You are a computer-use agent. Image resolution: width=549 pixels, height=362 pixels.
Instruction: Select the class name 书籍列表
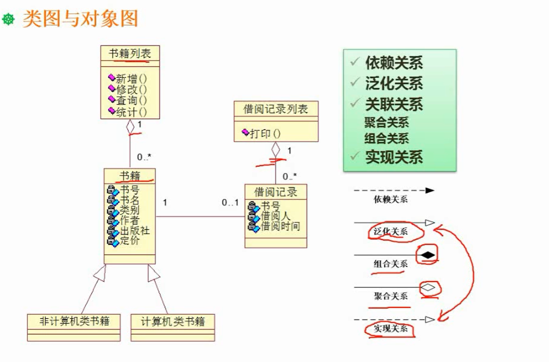(130, 53)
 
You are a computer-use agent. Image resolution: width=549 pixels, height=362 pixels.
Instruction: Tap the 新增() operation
(131, 79)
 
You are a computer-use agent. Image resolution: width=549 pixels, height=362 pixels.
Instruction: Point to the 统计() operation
(131, 112)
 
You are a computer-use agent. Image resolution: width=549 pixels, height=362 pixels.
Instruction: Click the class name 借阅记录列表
(275, 109)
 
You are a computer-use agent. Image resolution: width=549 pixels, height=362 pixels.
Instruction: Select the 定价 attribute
(129, 241)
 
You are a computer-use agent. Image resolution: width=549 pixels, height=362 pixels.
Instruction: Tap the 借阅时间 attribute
(280, 226)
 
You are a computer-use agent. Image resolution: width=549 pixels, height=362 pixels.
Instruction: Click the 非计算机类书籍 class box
(74, 321)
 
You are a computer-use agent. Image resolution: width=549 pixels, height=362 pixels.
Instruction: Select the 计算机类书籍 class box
(173, 321)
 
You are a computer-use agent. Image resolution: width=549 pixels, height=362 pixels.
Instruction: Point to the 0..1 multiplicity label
(230, 202)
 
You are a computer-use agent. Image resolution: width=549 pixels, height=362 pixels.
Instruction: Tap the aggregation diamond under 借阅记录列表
(275, 149)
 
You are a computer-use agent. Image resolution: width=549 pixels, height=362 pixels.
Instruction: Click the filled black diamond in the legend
(428, 255)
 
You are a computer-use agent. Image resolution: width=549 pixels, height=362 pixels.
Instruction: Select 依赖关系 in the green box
(394, 63)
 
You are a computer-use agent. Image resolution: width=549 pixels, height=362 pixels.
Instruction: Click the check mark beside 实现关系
(354, 157)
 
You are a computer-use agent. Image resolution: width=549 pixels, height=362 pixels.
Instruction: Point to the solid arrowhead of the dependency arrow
(429, 190)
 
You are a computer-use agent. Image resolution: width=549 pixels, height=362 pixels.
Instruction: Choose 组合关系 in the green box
(386, 138)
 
